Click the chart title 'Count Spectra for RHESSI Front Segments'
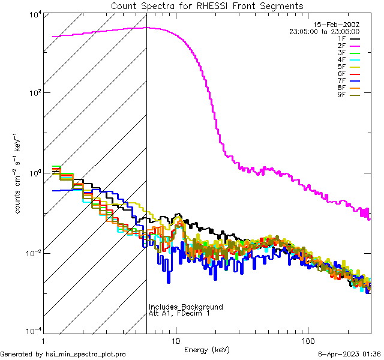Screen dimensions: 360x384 207,6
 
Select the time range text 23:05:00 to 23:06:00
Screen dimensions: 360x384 324,31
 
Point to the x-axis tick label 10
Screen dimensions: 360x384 176,340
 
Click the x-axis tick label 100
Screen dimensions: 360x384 307,340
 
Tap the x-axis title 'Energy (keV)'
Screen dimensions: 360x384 206,350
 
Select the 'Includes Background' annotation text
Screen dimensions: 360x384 186,307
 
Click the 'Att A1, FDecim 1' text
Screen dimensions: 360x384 179,313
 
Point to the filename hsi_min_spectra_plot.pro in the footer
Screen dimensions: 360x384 86,355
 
